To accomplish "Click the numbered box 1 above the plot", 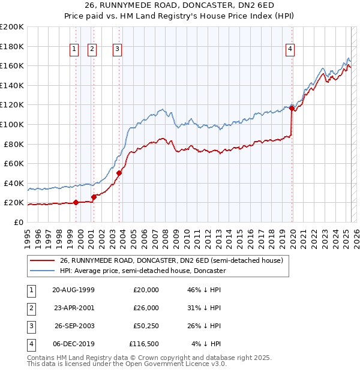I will coord(74,49).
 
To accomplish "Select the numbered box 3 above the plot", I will coord(117,49).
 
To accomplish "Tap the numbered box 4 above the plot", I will coord(290,49).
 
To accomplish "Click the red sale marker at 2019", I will coord(292,108).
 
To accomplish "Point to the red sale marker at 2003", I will coord(119,173).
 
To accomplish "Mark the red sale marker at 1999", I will coord(76,203).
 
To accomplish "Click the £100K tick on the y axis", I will coord(13,124).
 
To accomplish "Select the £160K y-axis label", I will coord(13,65).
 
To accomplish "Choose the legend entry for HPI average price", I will coord(142,271).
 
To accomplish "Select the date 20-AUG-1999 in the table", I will coord(73,290).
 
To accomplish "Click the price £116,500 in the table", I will coord(144,344).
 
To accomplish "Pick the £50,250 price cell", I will coord(144,326).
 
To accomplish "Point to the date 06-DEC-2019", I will coord(73,344).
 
